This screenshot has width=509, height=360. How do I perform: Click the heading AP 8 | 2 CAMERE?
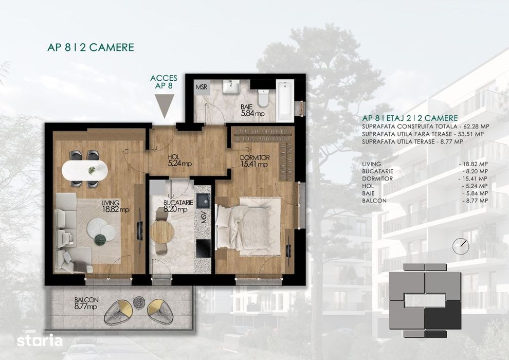point(90,47)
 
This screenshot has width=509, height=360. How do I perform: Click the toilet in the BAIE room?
point(263,97)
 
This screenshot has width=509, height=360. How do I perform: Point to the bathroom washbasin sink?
point(232,86)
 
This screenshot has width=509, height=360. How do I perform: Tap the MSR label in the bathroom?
point(201,87)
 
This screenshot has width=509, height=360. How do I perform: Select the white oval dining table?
point(85,170)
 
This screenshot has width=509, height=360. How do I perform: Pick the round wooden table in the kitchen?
point(162,231)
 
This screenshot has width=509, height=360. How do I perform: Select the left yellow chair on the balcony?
point(118,311)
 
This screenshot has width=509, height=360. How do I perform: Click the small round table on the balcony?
point(138,303)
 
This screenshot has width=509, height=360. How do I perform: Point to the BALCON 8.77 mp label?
point(86,304)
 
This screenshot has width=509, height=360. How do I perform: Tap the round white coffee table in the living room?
point(99,228)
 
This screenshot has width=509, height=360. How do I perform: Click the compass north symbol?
point(461,246)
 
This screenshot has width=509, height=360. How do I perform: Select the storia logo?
point(40,340)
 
